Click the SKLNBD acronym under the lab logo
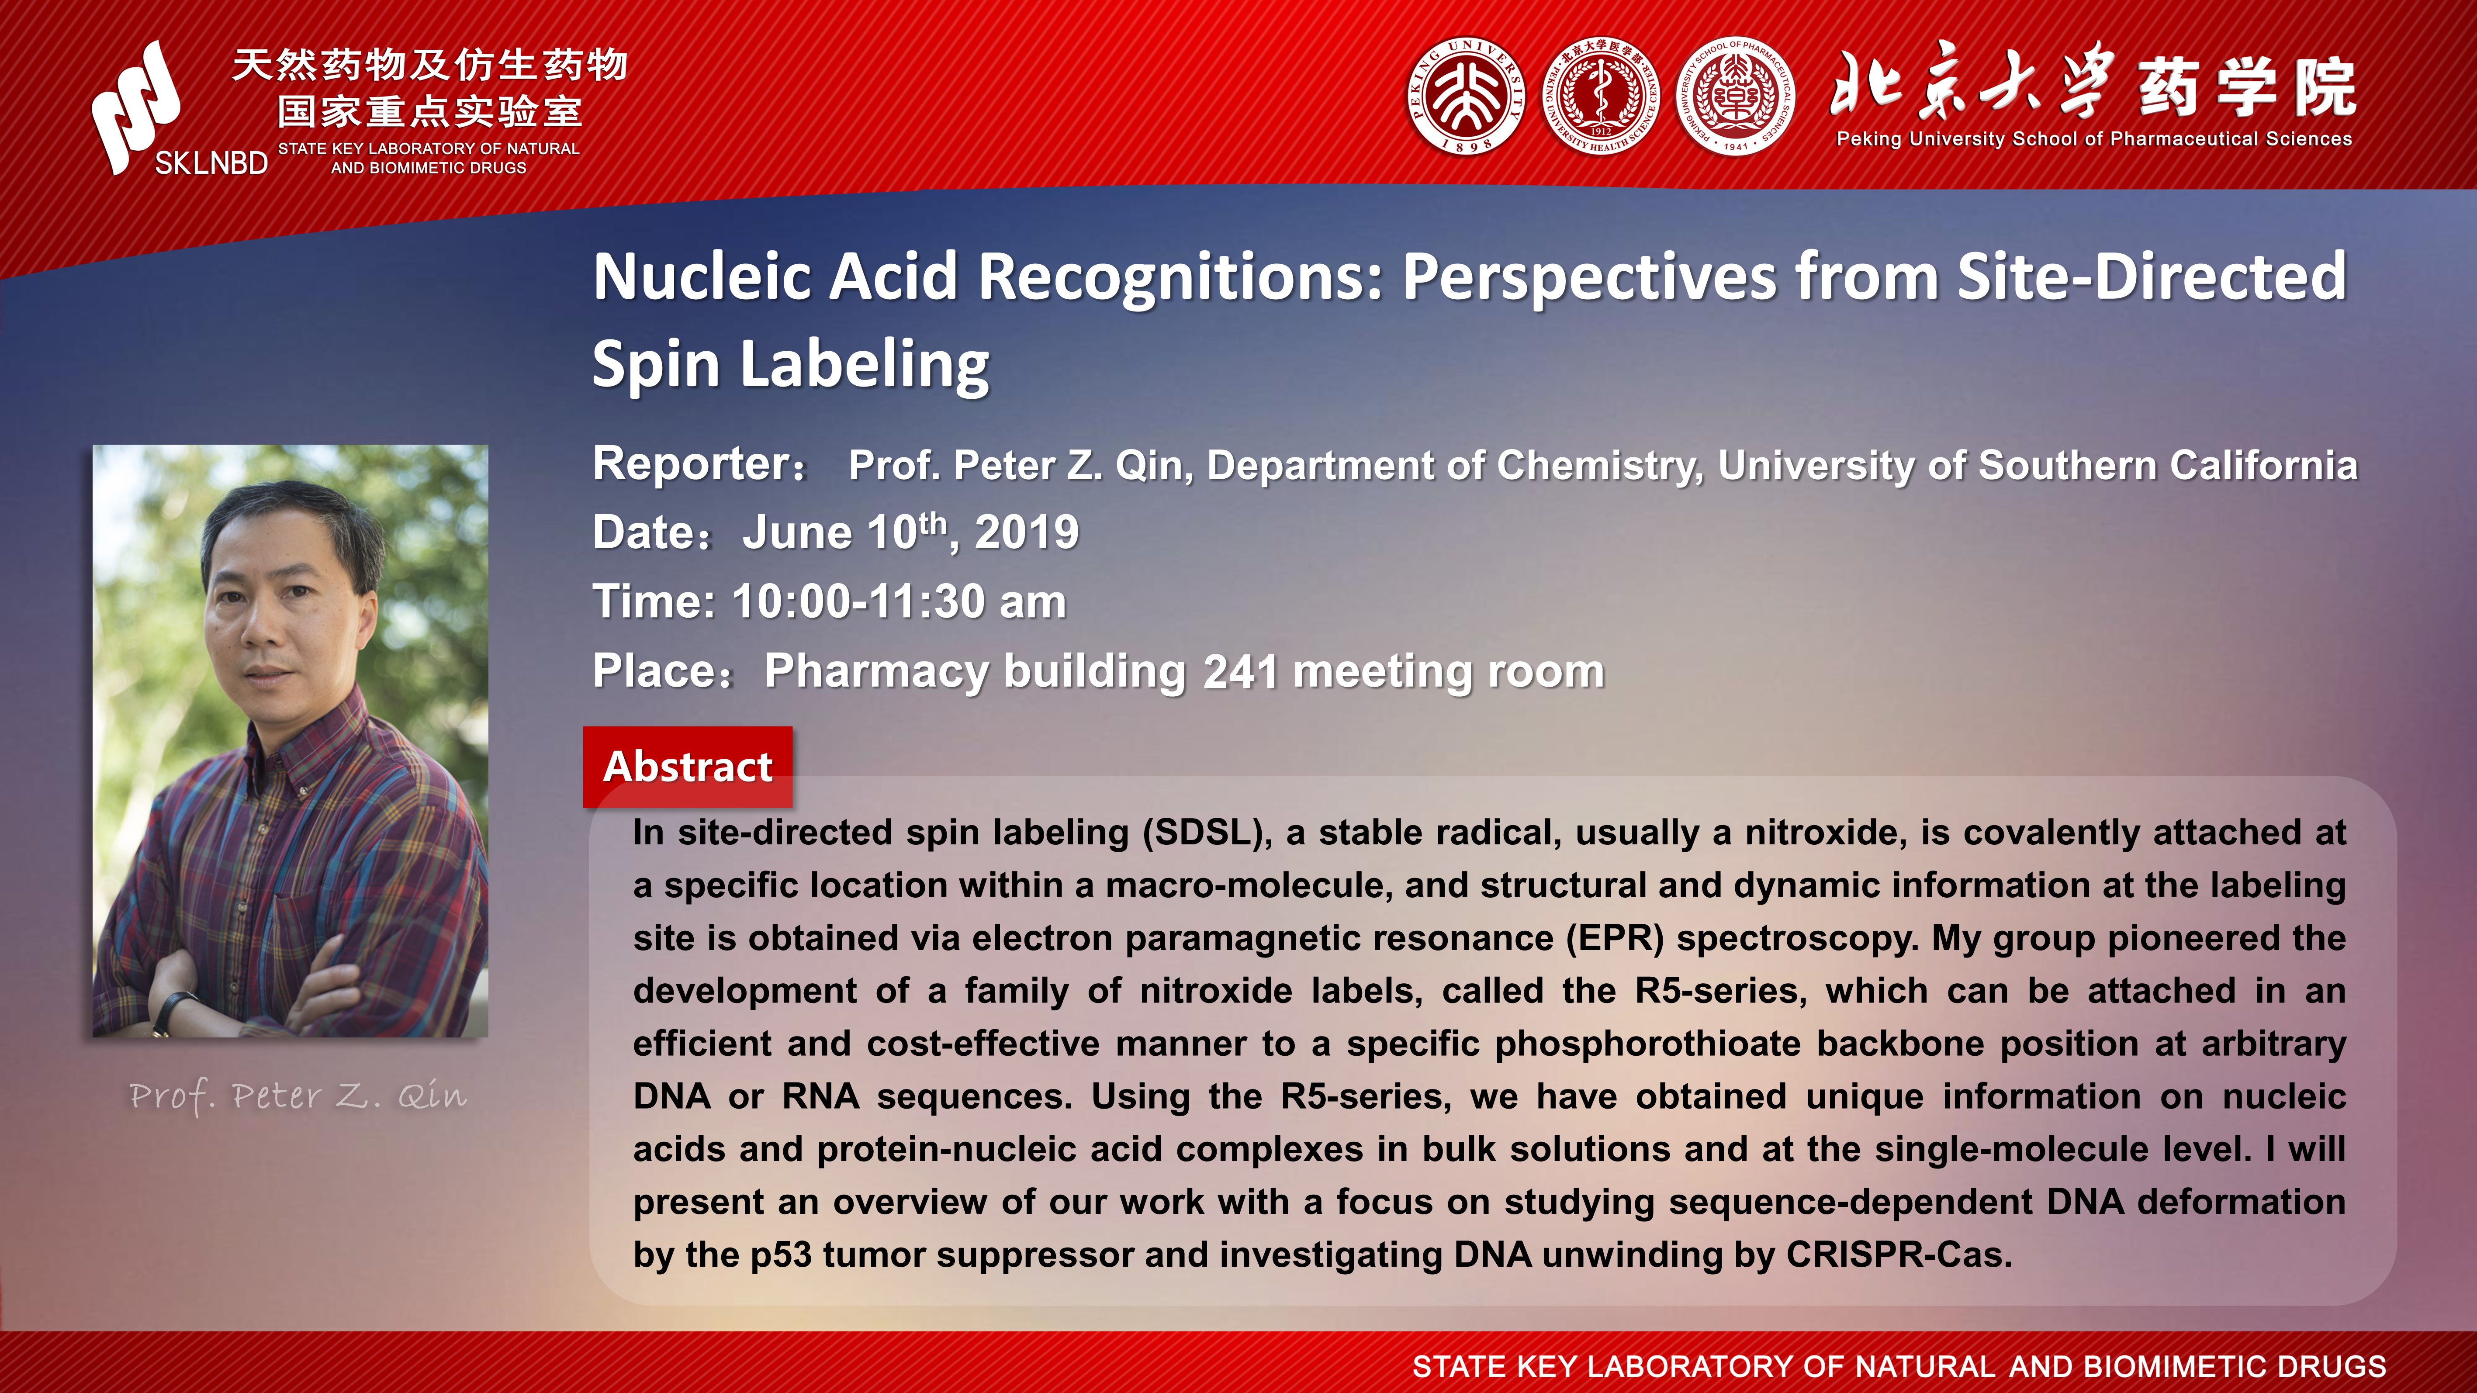click(x=211, y=163)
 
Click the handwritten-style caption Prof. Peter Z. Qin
click(x=298, y=1096)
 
